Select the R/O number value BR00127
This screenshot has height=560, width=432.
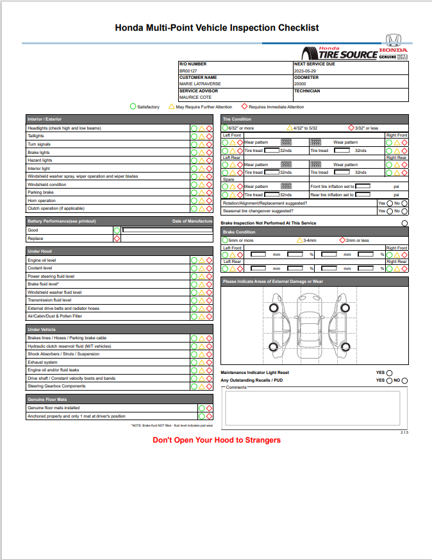pos(188,71)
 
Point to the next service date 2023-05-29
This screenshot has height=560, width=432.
pos(306,71)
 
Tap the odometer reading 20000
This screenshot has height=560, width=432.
pos(300,84)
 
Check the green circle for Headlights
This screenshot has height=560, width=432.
pos(194,128)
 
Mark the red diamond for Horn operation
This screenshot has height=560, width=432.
pos(209,200)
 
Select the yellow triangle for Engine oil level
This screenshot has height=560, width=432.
pos(202,260)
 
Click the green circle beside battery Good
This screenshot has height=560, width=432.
pos(117,230)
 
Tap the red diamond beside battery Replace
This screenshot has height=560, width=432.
pos(117,238)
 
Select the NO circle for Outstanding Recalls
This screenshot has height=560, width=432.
pos(405,380)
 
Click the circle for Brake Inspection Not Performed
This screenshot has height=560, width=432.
pos(404,223)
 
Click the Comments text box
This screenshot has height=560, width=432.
pos(314,407)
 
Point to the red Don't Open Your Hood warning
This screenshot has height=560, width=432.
pos(217,440)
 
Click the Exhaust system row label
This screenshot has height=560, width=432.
pos(43,362)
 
